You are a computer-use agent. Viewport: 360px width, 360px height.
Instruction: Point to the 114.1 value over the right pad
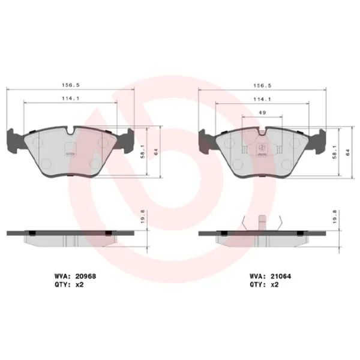coord(261,99)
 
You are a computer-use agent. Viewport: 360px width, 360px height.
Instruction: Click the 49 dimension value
coord(262,112)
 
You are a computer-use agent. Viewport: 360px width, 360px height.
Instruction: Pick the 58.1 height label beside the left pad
coord(142,152)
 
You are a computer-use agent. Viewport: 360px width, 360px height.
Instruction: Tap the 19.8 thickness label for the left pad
coord(142,216)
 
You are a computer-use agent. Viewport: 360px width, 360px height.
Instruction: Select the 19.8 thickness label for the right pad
coord(334,216)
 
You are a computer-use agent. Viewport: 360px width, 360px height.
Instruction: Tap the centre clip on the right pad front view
coord(262,146)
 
